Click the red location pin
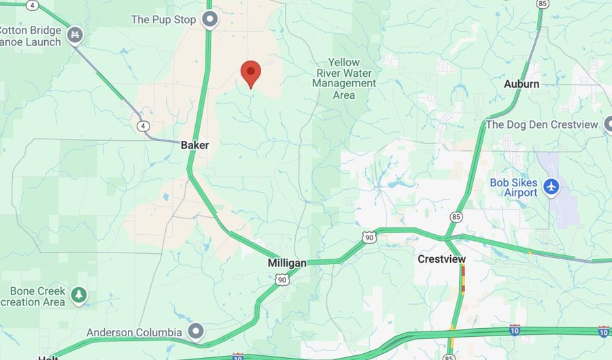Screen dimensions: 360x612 251,73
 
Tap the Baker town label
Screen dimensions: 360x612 195,145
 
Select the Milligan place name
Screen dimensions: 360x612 287,263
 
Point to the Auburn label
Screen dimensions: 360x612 522,84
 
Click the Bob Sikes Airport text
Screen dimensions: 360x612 513,187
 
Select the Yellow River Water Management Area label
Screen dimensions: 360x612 344,78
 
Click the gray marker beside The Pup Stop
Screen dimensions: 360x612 210,19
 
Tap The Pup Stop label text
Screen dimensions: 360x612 163,19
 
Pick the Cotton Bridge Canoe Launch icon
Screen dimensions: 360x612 75,32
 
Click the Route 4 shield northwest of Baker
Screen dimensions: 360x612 143,126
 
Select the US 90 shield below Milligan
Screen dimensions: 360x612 282,280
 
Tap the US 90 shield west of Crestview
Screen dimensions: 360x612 369,237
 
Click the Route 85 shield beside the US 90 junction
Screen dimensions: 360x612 454,216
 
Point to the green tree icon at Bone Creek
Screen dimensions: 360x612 80,295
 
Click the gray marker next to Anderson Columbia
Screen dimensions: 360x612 196,331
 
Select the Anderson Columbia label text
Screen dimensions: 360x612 134,332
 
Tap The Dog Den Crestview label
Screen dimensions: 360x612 542,125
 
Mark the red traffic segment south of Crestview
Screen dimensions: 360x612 463,278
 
